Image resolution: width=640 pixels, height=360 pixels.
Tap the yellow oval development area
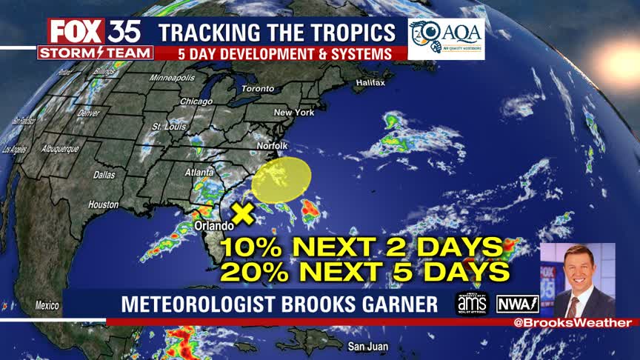282,179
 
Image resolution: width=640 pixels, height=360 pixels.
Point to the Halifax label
370,82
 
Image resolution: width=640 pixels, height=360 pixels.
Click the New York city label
294,112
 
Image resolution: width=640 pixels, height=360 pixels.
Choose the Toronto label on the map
258,88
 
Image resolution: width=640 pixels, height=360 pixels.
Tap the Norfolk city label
272,146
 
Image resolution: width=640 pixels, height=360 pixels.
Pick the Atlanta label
199,173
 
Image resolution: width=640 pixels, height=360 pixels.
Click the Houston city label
103,204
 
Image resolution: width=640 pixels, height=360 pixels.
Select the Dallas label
104,176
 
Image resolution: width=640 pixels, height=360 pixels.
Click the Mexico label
47,305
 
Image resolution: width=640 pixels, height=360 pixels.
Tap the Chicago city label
196,101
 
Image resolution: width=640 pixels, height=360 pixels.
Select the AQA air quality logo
446,39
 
